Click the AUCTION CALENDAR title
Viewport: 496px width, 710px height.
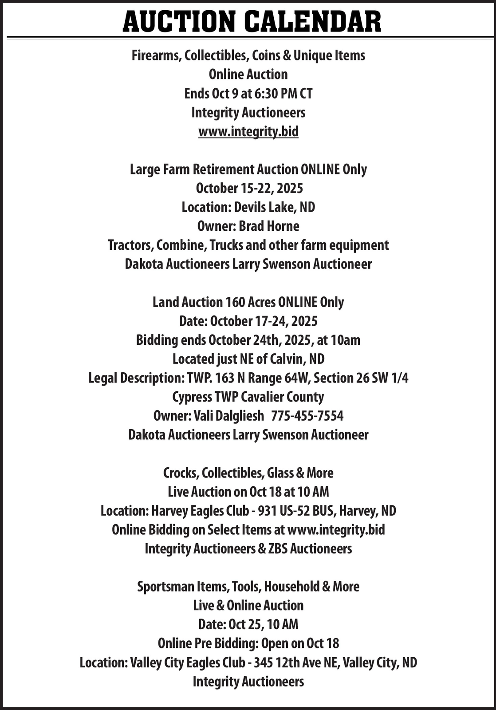click(x=252, y=21)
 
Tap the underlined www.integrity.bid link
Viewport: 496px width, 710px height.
click(x=248, y=131)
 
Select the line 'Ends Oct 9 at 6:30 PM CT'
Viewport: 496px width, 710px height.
click(x=248, y=94)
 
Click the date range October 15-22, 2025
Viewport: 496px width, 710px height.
click(x=249, y=188)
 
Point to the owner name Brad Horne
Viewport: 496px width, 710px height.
click(x=269, y=226)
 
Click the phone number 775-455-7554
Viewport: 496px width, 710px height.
click(x=307, y=416)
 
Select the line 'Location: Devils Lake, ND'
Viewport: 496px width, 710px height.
click(x=248, y=207)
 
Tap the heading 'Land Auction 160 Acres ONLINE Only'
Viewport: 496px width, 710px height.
click(x=248, y=302)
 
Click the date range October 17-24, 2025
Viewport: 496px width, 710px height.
click(x=264, y=321)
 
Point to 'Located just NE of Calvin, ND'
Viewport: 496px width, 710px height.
click(x=248, y=359)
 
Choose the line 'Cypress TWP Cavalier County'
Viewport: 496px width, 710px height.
click(x=248, y=397)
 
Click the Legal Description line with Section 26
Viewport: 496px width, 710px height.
click(x=248, y=378)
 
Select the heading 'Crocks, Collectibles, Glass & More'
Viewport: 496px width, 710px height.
click(x=248, y=473)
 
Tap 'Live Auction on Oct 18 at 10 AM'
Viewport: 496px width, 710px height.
click(x=248, y=492)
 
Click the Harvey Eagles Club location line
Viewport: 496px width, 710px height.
click(x=248, y=511)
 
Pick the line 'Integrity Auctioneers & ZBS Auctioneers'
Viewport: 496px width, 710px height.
click(x=248, y=548)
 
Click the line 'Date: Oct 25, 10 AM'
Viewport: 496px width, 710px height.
click(x=248, y=624)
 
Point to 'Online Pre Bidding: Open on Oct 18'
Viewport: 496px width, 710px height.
click(x=248, y=643)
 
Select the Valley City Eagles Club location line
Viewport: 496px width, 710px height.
click(x=248, y=663)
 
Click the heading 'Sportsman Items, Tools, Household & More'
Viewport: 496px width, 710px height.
click(x=248, y=587)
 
